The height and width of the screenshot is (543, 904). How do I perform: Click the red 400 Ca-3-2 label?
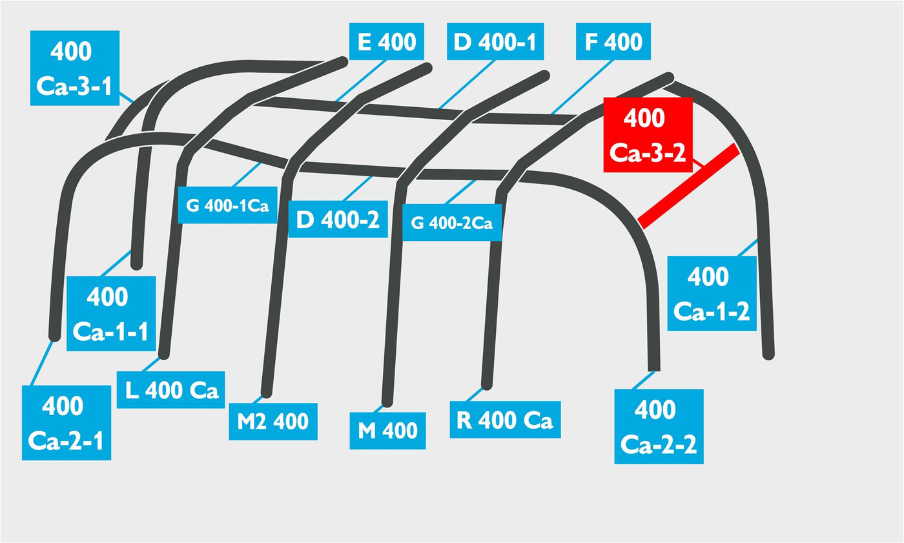[648, 135]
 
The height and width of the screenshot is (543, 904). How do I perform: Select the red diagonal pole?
[689, 186]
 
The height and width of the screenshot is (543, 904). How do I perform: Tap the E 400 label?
[387, 41]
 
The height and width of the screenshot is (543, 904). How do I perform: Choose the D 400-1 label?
[495, 41]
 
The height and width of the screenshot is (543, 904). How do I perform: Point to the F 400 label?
[613, 41]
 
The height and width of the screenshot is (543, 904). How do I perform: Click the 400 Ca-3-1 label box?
[75, 68]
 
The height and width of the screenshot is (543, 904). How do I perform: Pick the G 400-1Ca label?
[227, 205]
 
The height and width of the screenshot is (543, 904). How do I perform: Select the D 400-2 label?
[338, 219]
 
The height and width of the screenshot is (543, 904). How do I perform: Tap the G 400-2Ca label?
[452, 222]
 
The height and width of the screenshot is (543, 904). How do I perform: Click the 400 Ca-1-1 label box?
[111, 313]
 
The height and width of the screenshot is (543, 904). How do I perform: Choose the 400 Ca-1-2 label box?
[712, 294]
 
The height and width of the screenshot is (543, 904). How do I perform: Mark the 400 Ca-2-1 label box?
[66, 423]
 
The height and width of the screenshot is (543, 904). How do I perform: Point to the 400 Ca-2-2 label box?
[659, 426]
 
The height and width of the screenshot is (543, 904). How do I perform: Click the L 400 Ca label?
[170, 390]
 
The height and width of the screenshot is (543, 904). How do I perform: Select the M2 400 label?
[273, 421]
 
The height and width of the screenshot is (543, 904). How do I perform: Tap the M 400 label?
[387, 431]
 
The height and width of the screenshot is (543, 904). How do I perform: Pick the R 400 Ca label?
[505, 420]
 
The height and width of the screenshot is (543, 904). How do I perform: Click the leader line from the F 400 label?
[582, 87]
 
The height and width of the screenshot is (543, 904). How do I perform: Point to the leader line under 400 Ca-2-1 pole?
[42, 363]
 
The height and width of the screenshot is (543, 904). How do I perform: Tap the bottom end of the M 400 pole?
[387, 402]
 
